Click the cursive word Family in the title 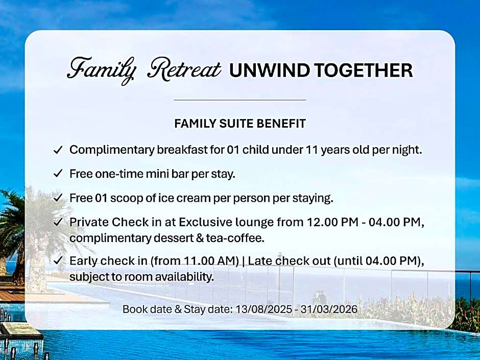tap(102, 70)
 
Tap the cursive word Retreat tap(184, 68)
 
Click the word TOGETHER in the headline tap(364, 70)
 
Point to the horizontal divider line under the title tap(240, 100)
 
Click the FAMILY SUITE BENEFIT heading tap(240, 124)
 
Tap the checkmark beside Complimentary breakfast tap(58, 150)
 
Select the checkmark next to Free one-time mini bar tap(58, 174)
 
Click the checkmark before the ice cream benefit tap(58, 198)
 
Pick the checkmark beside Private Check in tap(58, 222)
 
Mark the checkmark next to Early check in tap(58, 261)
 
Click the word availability tap(184, 277)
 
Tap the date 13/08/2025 tap(263, 309)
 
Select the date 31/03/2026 tap(329, 309)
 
